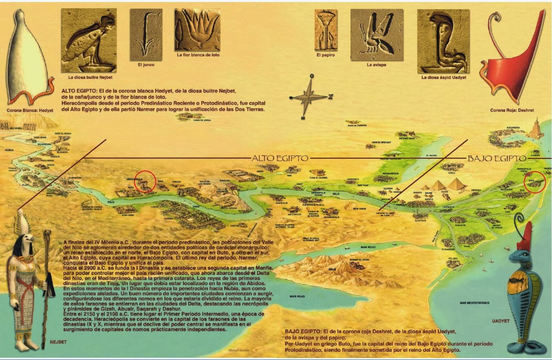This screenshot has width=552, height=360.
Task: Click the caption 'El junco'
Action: coord(146,64)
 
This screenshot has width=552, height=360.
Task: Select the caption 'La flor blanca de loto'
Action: coord(198,55)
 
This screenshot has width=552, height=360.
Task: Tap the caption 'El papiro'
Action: coord(325,55)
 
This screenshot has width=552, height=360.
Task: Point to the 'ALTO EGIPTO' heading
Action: coord(280,158)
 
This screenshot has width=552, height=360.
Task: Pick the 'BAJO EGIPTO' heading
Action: coord(496,158)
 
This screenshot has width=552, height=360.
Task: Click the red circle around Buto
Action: coord(534,182)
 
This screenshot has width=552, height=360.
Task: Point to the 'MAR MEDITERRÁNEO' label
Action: coord(474,303)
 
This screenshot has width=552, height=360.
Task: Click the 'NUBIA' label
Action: coord(9,150)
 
